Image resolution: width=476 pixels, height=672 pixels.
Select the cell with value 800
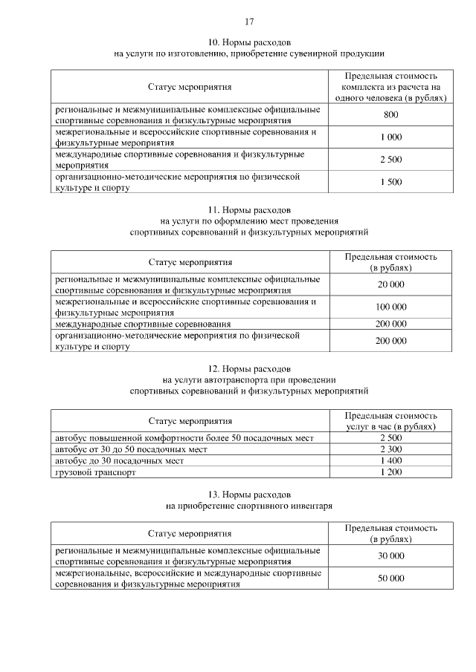390,114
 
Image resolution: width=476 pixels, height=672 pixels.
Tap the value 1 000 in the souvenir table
390,137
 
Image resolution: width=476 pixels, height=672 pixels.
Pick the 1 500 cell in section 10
390,182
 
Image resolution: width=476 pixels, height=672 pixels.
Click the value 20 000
390,284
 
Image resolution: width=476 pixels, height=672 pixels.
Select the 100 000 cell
390,307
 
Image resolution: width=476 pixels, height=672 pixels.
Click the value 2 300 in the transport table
390,449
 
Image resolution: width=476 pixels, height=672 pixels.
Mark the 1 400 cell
390,460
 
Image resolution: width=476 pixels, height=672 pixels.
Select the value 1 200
390,472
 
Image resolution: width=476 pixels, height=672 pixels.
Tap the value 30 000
390,555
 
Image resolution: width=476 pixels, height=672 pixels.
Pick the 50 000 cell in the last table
390,578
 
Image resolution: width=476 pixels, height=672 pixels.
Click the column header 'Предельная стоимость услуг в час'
390,421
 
